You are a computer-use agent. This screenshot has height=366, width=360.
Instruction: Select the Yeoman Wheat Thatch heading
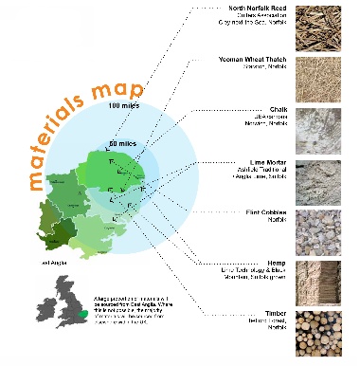coord(256,61)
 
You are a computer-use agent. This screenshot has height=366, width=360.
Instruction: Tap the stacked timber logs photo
coord(322,333)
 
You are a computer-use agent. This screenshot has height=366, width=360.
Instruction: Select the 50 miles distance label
coord(123,143)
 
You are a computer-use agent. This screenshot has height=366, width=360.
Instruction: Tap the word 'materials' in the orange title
coord(62,133)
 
